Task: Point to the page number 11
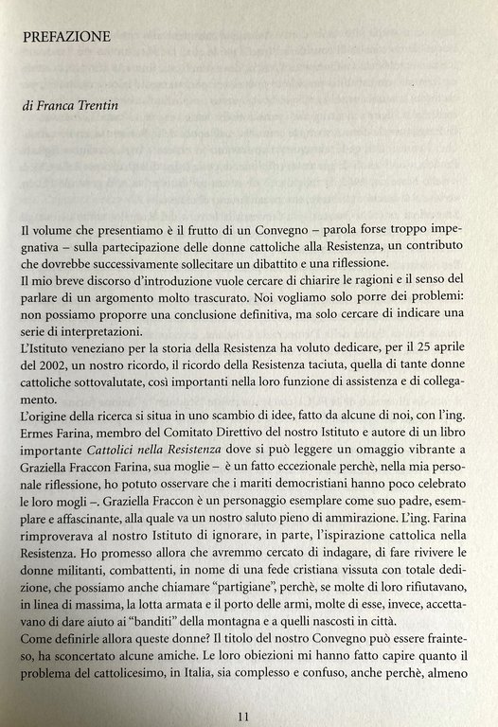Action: [x=244, y=690]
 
